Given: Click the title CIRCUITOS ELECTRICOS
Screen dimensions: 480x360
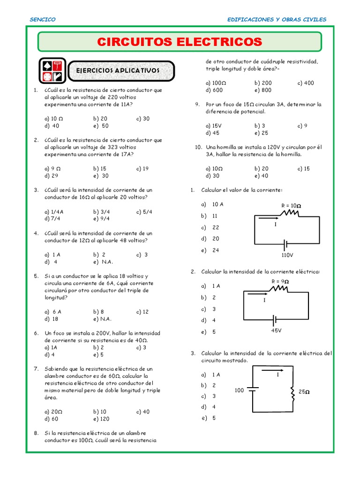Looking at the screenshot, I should [180, 42].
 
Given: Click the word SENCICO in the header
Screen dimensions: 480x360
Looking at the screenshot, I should [43, 19].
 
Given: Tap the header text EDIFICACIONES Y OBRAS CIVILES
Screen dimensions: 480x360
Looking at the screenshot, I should [277, 19].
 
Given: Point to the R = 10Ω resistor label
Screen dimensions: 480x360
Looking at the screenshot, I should [291, 206].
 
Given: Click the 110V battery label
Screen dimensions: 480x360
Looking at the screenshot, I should [287, 255].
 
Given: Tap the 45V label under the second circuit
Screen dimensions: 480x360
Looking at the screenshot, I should [276, 330].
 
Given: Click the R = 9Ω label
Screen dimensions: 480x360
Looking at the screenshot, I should [280, 281].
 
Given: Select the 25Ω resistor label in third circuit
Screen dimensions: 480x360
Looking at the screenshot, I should [304, 392].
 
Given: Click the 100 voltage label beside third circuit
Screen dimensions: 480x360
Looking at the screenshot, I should [239, 390].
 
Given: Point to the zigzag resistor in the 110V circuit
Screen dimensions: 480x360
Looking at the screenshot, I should [289, 214].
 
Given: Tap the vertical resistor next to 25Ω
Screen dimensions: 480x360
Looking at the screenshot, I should [293, 394].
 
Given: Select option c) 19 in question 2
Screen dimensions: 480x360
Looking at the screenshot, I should [142, 168].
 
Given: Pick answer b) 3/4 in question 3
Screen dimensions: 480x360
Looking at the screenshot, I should [101, 211].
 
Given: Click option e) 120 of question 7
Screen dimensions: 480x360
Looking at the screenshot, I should [101, 419].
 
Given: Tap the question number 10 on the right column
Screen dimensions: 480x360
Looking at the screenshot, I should [198, 147].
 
